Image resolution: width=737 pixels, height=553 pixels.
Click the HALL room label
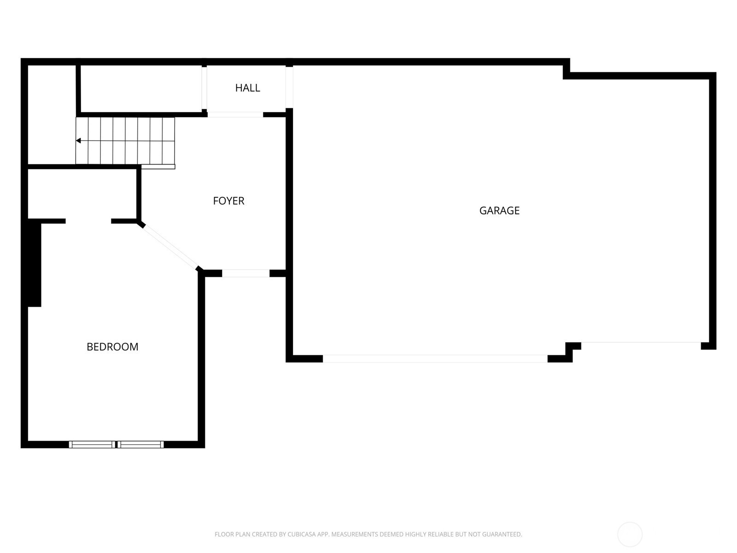[x=247, y=88]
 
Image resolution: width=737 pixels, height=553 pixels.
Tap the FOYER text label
[x=228, y=201]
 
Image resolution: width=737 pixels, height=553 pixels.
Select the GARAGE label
[x=499, y=211]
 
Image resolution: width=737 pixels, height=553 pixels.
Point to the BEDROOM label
[x=112, y=347]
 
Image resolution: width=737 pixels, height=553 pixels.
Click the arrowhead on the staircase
[x=78, y=141]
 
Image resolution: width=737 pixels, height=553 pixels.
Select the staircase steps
[x=125, y=141]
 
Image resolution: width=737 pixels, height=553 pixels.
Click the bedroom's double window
[x=117, y=445]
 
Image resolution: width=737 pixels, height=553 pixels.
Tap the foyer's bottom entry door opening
[x=246, y=273]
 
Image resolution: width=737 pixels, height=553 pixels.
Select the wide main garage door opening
[x=435, y=359]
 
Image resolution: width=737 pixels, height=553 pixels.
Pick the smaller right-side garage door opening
[x=641, y=342]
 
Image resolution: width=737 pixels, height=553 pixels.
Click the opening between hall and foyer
[x=235, y=114]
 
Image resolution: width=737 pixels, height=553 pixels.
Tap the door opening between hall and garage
[x=289, y=87]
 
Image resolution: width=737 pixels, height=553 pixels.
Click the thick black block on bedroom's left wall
[x=34, y=263]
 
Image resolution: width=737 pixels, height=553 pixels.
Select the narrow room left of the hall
[x=141, y=89]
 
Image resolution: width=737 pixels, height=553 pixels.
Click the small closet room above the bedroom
[x=82, y=194]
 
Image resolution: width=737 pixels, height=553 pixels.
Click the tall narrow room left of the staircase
[x=52, y=114]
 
